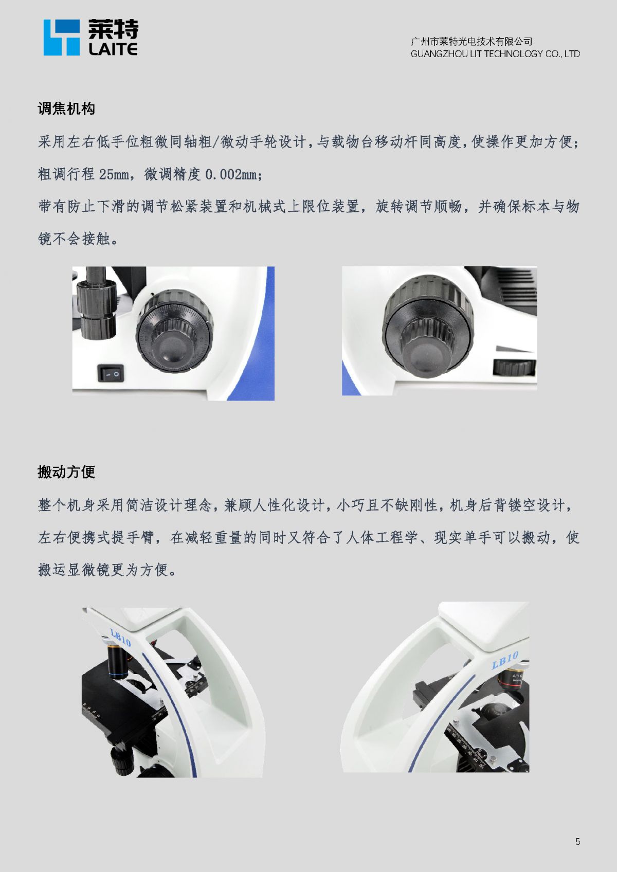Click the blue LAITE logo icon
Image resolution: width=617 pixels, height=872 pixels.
tap(62, 38)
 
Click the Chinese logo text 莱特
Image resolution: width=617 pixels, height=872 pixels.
tap(113, 29)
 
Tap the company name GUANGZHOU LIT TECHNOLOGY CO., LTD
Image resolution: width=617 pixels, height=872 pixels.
tap(495, 53)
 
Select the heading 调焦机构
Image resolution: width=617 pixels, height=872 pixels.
tap(66, 108)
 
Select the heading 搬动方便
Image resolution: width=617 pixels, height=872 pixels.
tap(66, 472)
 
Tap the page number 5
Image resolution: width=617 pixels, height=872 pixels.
tap(578, 841)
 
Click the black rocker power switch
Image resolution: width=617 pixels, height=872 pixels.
tap(111, 373)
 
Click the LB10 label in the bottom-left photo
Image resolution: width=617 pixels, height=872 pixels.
tap(120, 636)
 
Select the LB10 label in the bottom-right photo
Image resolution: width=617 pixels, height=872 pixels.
tap(505, 660)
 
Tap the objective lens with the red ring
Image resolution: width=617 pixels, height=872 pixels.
tap(512, 679)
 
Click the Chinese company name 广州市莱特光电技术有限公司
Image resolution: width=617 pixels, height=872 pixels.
tap(471, 41)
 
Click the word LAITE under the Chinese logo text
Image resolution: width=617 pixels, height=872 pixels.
tap(113, 49)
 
